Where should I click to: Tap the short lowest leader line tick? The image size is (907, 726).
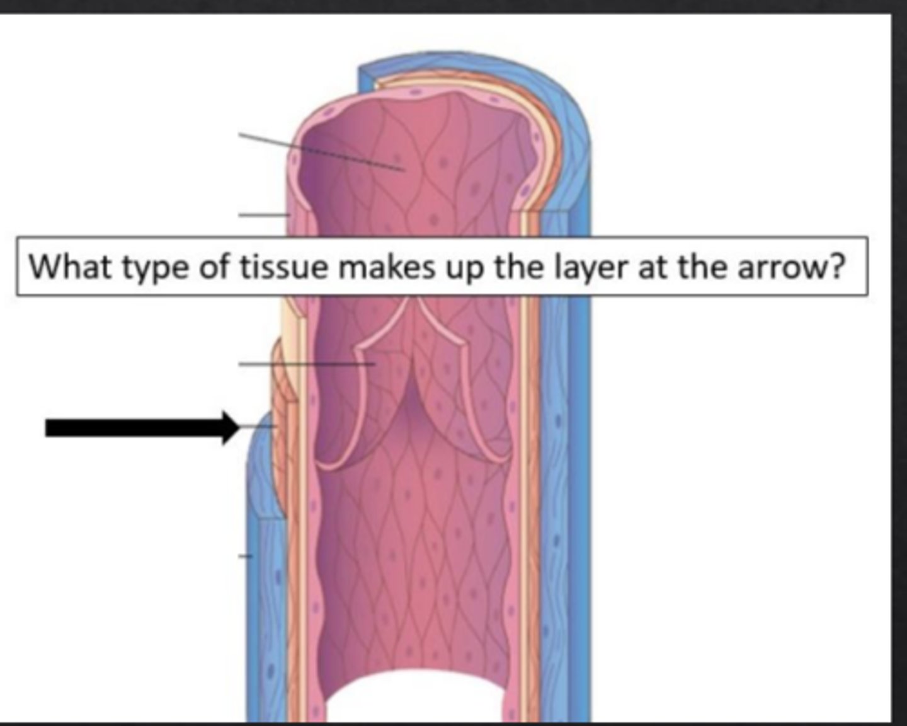[245, 556]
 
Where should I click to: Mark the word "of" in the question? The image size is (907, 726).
[213, 268]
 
